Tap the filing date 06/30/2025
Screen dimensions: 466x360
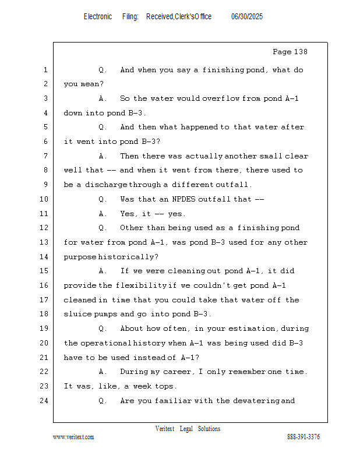point(247,17)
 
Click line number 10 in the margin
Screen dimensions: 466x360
point(45,199)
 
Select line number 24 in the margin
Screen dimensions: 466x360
point(45,401)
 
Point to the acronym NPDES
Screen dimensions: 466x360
point(182,199)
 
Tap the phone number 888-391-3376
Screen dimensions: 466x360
point(303,437)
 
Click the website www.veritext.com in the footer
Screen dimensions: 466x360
point(73,437)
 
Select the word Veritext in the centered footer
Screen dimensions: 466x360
point(165,429)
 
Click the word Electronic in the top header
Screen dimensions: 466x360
point(98,17)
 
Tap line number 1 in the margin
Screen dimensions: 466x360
point(45,70)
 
